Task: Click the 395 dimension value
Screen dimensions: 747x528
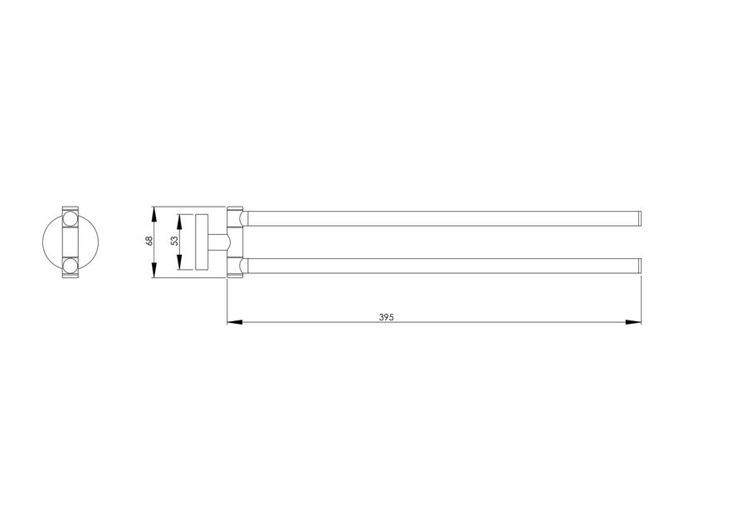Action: coord(386,317)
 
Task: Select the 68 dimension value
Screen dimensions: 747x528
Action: coord(149,241)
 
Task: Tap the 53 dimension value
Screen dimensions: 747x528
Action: coord(174,241)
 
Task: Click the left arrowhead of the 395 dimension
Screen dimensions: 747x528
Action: coord(234,322)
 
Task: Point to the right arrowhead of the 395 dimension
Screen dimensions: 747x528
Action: coord(633,322)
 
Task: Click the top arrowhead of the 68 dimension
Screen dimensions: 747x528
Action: coord(154,214)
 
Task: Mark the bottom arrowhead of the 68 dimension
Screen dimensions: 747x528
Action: coord(154,270)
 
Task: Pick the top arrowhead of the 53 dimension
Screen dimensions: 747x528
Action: coord(179,222)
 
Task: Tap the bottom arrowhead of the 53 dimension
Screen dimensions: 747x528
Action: coord(179,262)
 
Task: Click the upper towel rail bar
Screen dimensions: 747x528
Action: coord(443,218)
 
